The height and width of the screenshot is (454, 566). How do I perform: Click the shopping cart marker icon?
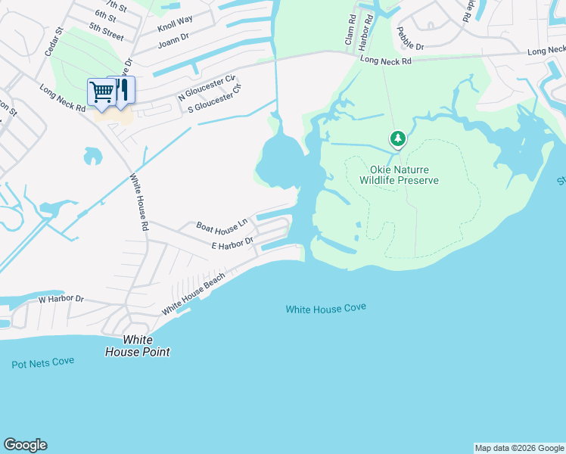(x=101, y=93)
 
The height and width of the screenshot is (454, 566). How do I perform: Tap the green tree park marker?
(x=397, y=139)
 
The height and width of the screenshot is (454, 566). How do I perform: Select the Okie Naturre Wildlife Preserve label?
(x=399, y=175)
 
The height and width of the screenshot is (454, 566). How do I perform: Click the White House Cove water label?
(x=325, y=308)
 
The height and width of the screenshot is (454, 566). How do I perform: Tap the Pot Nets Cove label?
(x=43, y=362)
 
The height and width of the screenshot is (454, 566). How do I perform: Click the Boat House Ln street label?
(x=222, y=225)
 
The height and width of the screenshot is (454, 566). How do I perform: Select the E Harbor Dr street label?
(x=232, y=244)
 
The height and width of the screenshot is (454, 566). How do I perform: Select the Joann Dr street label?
(x=172, y=42)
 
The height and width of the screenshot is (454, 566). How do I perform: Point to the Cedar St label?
(x=52, y=42)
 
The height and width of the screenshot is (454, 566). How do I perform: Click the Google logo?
(x=25, y=445)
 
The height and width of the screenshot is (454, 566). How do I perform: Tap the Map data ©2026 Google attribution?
(x=519, y=448)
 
